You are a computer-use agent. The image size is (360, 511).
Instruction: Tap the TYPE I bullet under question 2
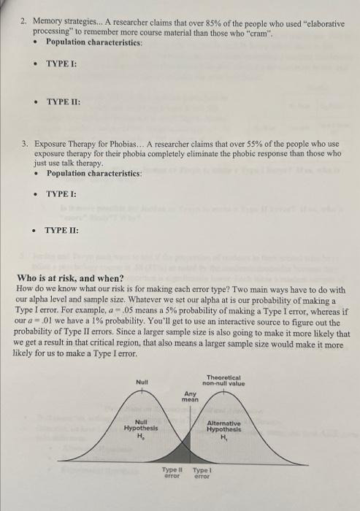(x=61, y=64)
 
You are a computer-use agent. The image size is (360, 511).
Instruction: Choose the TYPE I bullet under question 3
(x=61, y=195)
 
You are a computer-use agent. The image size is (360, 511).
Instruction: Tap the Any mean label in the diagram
(x=190, y=396)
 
